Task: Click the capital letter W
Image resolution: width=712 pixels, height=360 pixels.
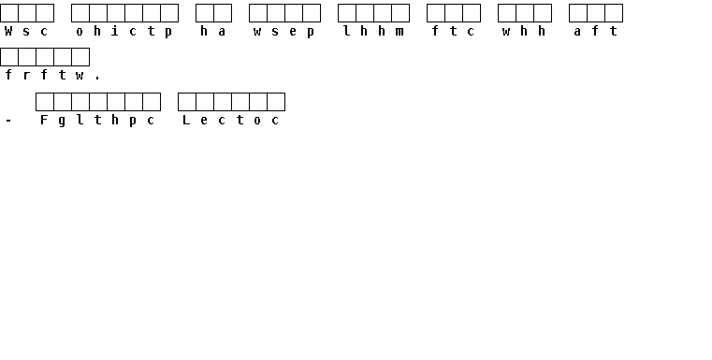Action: tap(8, 31)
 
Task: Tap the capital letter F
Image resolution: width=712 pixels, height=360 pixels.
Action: tap(44, 120)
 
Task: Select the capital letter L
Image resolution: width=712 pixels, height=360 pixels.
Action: tap(186, 120)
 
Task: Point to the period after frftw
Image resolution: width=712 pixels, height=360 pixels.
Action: tap(97, 79)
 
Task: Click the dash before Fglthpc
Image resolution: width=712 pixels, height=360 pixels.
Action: tap(8, 121)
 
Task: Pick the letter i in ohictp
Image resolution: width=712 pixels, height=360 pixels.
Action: tap(115, 31)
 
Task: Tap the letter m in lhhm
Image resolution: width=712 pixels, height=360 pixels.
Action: tap(400, 32)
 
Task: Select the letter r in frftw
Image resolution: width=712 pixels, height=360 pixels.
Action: tap(26, 76)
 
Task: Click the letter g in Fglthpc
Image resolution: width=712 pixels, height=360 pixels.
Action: tap(62, 122)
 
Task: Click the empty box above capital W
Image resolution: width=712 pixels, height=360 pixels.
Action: tap(9, 13)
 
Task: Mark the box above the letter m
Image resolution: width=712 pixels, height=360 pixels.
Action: tap(400, 13)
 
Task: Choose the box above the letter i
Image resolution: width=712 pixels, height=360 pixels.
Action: tap(116, 13)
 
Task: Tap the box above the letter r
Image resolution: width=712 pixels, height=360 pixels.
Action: tap(27, 57)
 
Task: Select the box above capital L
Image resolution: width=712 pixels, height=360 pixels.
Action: tap(186, 102)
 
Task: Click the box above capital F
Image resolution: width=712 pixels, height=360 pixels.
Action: tap(45, 102)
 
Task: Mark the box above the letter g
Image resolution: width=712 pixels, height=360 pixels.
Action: tap(62, 102)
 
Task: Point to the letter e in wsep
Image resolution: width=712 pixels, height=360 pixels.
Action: tap(293, 32)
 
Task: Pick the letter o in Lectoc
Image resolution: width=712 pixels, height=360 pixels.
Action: tap(257, 121)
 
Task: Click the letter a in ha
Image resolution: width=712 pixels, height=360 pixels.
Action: tap(222, 32)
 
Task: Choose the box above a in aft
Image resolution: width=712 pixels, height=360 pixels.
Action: tap(578, 13)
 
